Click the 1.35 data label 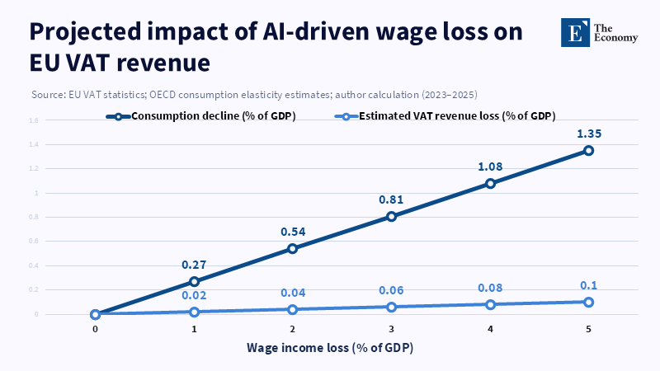[x=588, y=133]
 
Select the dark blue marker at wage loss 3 [x=391, y=216]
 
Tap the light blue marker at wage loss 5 [x=588, y=302]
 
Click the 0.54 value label [x=293, y=232]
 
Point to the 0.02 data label [x=194, y=296]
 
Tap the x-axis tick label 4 [x=490, y=328]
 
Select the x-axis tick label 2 [x=293, y=328]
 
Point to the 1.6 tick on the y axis [x=34, y=120]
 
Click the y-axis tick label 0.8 [x=34, y=217]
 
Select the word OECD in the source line [x=164, y=94]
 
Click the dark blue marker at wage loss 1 [x=194, y=281]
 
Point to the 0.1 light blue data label [x=588, y=285]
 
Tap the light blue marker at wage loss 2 [x=293, y=309]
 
